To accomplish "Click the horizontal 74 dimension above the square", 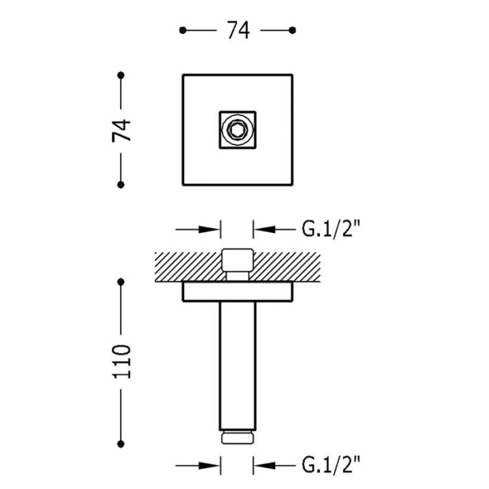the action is pyautogui.click(x=238, y=31).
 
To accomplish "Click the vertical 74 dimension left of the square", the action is pyautogui.click(x=121, y=130).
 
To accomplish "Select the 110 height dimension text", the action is pyautogui.click(x=122, y=362).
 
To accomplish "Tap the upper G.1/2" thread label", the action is pyautogui.click(x=331, y=230).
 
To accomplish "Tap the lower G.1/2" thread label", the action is pyautogui.click(x=331, y=466).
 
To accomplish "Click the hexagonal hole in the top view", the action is pyautogui.click(x=237, y=130).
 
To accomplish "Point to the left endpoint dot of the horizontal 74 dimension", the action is pyautogui.click(x=183, y=31).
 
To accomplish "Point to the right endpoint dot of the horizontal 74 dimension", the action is pyautogui.click(x=292, y=31).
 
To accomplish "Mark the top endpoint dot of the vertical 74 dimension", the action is pyautogui.click(x=121, y=75).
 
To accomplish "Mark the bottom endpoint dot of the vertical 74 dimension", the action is pyautogui.click(x=121, y=185).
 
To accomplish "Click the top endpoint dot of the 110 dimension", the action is pyautogui.click(x=121, y=282).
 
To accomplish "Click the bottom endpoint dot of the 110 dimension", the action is pyautogui.click(x=121, y=443).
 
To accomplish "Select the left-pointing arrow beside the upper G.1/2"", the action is pyautogui.click(x=274, y=230).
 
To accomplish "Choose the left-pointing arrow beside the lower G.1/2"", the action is pyautogui.click(x=274, y=466).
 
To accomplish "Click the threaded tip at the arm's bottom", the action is pyautogui.click(x=237, y=437).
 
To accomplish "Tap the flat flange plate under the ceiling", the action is pyautogui.click(x=237, y=292).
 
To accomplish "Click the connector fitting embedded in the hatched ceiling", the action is pyautogui.click(x=237, y=264).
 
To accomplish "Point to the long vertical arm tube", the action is pyautogui.click(x=237, y=366).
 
